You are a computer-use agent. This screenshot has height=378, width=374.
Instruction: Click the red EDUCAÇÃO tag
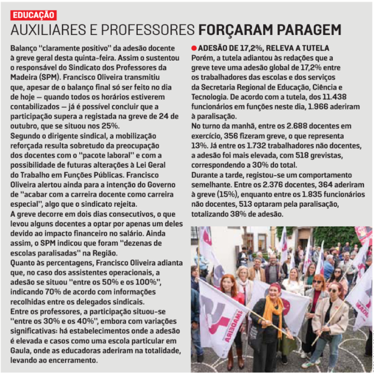click(x=33, y=15)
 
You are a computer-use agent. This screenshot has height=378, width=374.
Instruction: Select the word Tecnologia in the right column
click(x=209, y=97)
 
